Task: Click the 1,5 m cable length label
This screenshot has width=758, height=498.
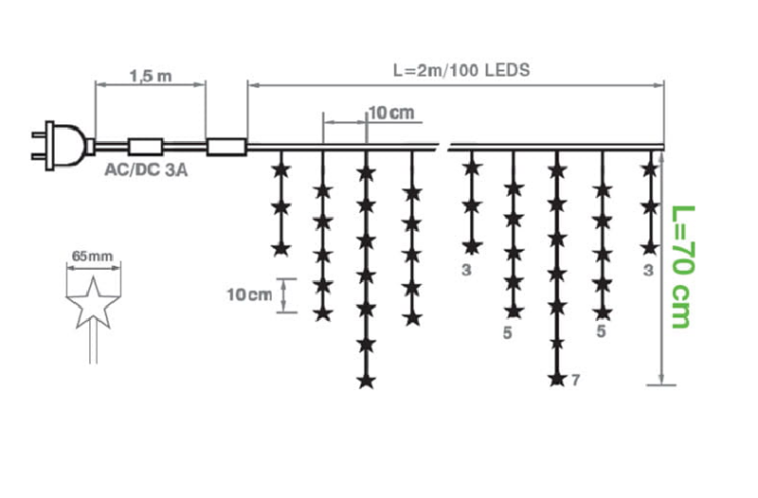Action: click(151, 76)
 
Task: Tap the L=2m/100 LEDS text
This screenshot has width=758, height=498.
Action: click(461, 70)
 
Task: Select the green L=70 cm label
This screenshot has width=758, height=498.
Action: click(683, 267)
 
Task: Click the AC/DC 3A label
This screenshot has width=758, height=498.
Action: click(146, 169)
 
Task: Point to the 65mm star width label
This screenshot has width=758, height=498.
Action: click(92, 256)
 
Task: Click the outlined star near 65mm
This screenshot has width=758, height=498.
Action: click(93, 303)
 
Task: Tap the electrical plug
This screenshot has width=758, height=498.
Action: click(62, 146)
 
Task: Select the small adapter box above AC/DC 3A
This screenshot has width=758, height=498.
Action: click(145, 147)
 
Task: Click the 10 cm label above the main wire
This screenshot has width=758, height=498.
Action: click(391, 113)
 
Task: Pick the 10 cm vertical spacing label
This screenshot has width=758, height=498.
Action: click(249, 294)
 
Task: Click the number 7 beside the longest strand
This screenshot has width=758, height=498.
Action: click(575, 381)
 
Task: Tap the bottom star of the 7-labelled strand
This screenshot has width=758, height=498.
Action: click(557, 379)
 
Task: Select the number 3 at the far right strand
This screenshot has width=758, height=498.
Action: click(649, 271)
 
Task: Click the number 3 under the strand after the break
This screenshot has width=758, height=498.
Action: click(466, 270)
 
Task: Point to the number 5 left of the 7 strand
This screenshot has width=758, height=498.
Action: click(507, 333)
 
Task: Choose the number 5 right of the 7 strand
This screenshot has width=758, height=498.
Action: click(601, 331)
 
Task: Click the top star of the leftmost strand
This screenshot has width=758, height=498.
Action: click(280, 170)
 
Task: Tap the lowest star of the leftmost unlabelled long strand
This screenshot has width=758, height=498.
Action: click(366, 382)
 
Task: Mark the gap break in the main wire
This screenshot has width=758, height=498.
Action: click(443, 147)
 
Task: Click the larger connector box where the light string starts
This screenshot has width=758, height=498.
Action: click(226, 147)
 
